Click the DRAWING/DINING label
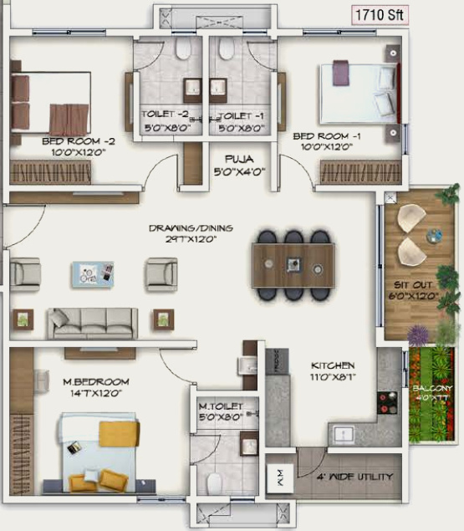click(191, 227)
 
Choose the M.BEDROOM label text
click(96, 382)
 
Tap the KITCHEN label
click(333, 365)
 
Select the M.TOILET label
click(221, 405)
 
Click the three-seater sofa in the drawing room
click(92, 320)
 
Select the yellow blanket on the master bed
click(119, 433)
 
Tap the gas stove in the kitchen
click(388, 405)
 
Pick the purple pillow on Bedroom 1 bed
click(339, 74)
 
